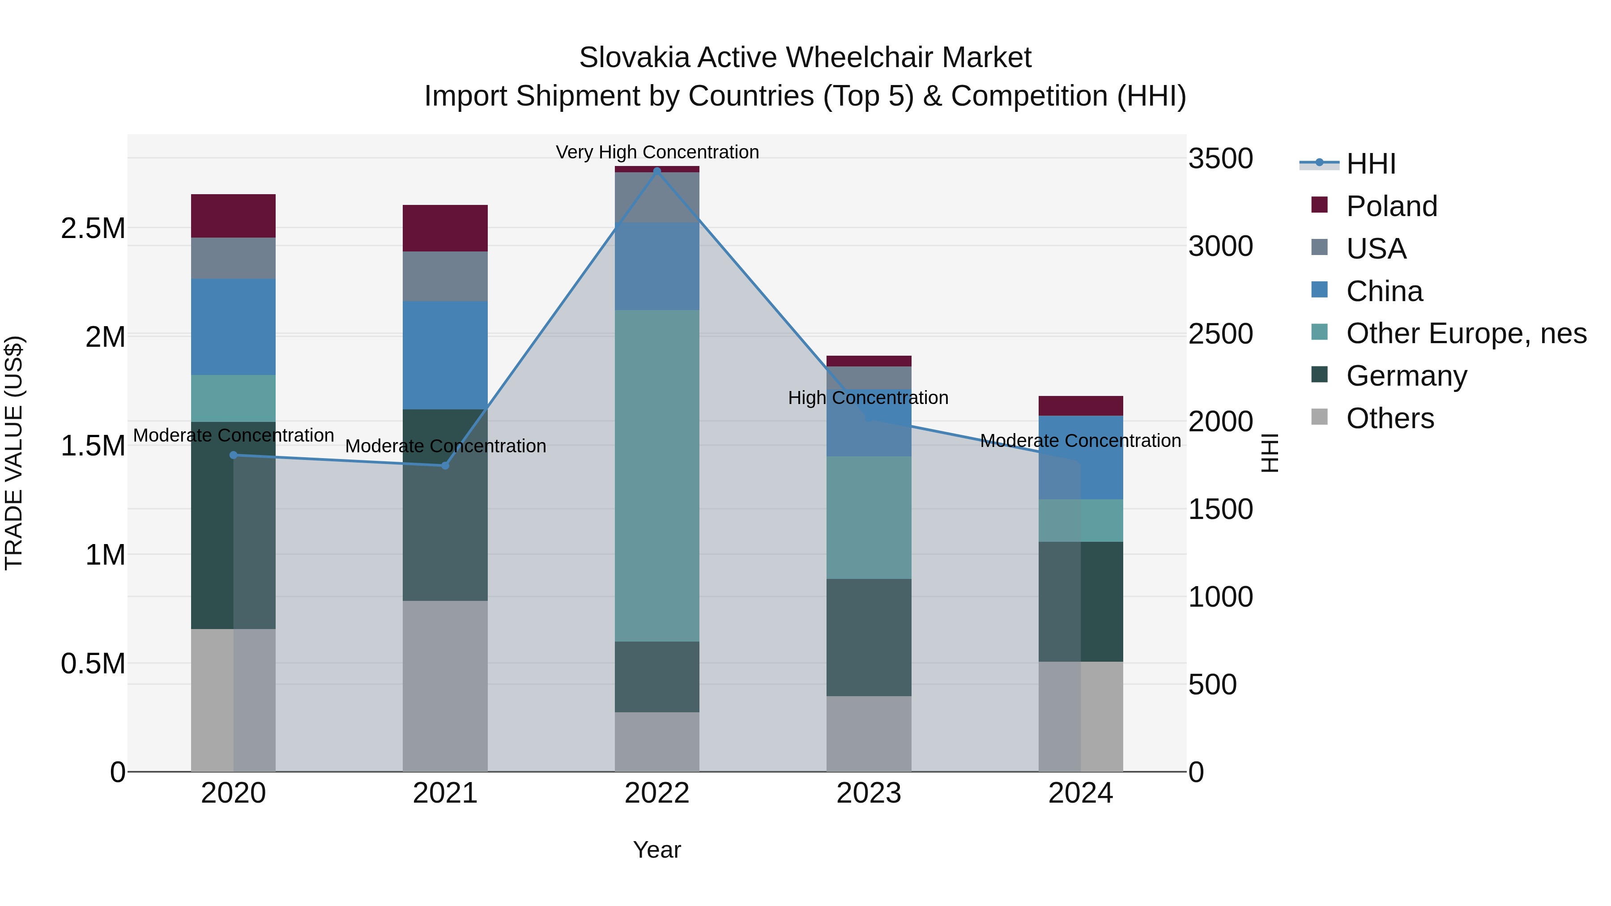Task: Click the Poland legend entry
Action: (x=1391, y=206)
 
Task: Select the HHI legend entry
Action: (x=1370, y=164)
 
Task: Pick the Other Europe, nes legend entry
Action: (x=1465, y=333)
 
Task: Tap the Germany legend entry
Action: (x=1406, y=376)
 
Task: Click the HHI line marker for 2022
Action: (x=656, y=171)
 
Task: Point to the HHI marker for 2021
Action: (x=445, y=465)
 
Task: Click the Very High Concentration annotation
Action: (x=656, y=152)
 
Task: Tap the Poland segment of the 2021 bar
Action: (x=445, y=228)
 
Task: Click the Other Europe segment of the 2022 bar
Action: (x=656, y=475)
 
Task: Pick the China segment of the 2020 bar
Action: (x=233, y=327)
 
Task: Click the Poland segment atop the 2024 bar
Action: (x=1080, y=406)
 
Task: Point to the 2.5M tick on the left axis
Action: (x=93, y=229)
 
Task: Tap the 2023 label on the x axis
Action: (x=869, y=793)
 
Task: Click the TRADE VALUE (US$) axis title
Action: (x=14, y=453)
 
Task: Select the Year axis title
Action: (x=656, y=850)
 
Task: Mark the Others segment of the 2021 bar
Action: (x=445, y=685)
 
